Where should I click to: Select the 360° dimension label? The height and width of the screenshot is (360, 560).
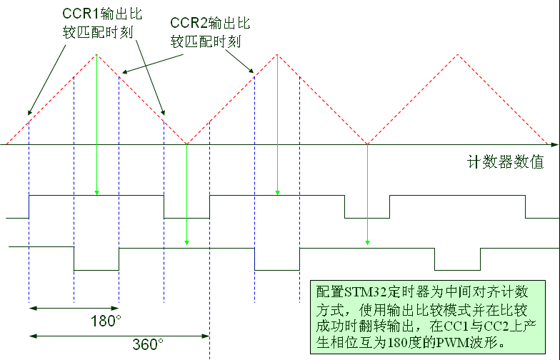pos(149,344)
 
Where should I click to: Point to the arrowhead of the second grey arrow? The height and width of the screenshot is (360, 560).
pos(186,245)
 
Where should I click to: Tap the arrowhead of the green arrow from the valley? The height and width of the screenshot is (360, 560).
pos(367,245)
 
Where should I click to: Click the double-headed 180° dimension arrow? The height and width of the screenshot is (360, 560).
pos(74,308)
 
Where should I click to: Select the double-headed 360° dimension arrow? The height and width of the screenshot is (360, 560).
pos(119,334)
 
